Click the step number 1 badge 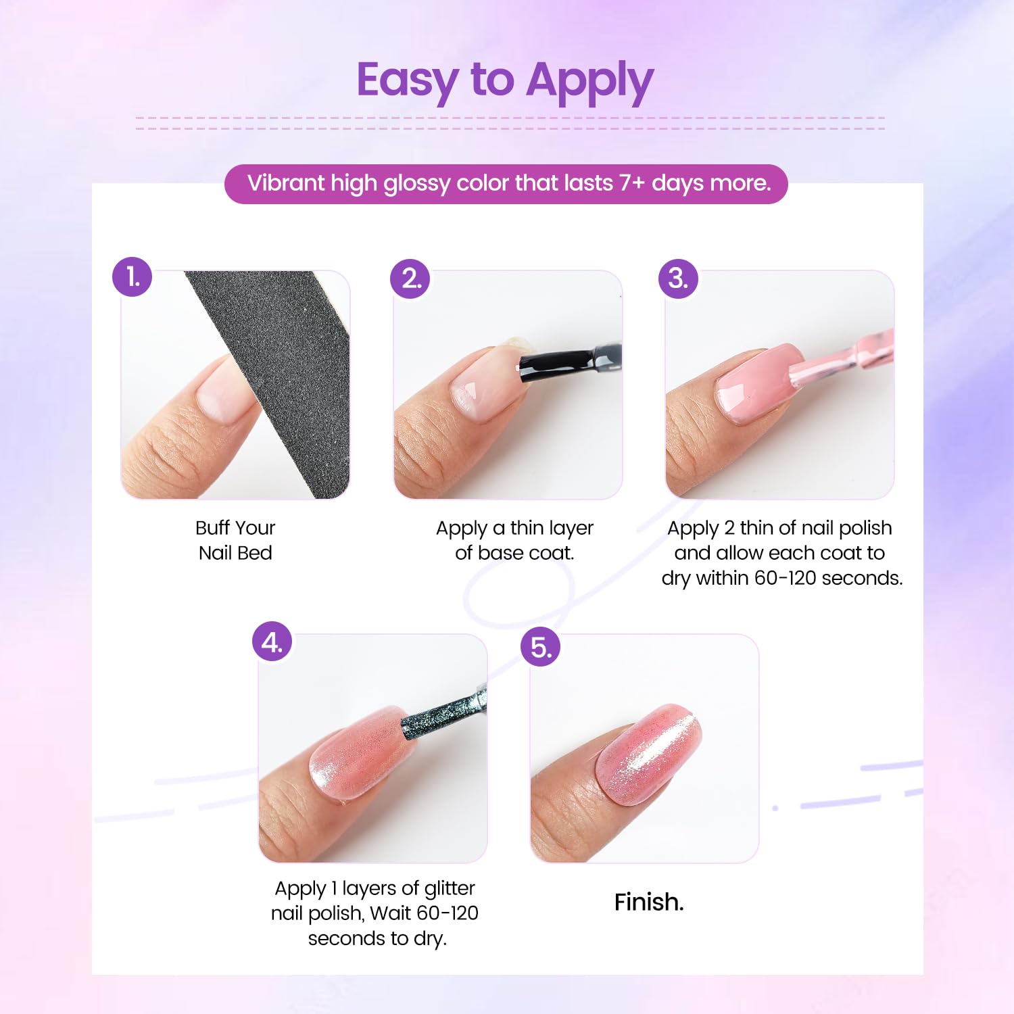click(132, 276)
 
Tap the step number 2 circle click(410, 279)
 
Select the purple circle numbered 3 click(678, 279)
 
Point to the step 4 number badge click(272, 642)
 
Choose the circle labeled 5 click(541, 647)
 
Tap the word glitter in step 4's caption click(450, 888)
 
